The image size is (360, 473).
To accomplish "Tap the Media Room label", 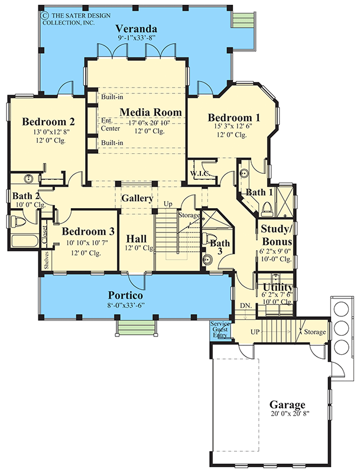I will tap(150, 112).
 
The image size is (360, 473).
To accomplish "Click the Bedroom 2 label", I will tap(48, 122).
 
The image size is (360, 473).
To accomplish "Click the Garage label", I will tap(287, 405).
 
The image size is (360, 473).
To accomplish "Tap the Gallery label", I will tap(137, 199).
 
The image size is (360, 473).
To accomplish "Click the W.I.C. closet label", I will tap(197, 173).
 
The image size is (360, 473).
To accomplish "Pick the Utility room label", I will tap(278, 287).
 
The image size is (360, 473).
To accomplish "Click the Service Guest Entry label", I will tap(220, 329).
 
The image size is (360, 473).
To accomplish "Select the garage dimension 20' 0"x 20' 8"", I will tap(287, 414).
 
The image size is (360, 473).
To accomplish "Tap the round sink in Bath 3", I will tap(207, 258).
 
